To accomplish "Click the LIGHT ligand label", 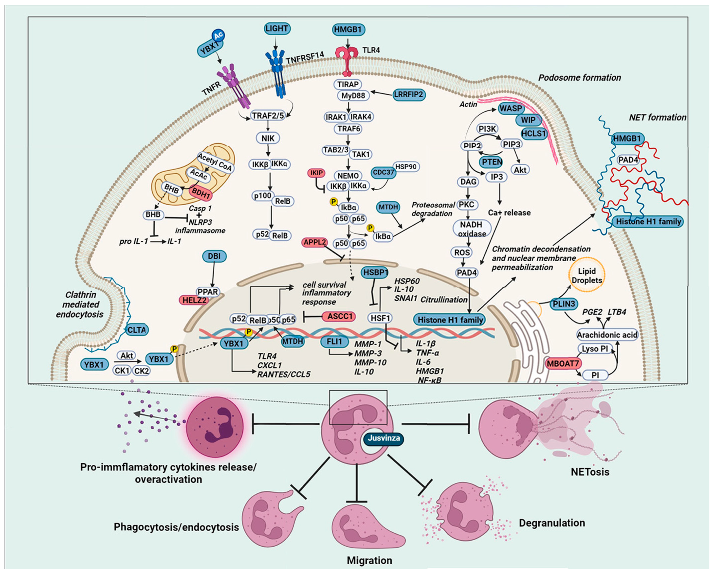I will click(x=277, y=29).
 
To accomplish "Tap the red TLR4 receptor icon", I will click(x=347, y=60).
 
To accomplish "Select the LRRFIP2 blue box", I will click(x=409, y=95).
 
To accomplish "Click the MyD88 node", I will click(x=353, y=96).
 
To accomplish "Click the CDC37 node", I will click(x=383, y=172).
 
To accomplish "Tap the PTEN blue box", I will click(x=492, y=162).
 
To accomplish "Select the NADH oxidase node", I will click(x=472, y=229).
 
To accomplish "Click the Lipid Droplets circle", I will click(x=586, y=275).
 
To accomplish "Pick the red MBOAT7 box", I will click(x=562, y=363).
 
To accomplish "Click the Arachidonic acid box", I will click(x=607, y=335).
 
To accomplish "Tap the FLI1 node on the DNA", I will click(x=334, y=341).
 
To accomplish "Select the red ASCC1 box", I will click(x=339, y=316).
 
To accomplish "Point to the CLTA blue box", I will click(x=136, y=330).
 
